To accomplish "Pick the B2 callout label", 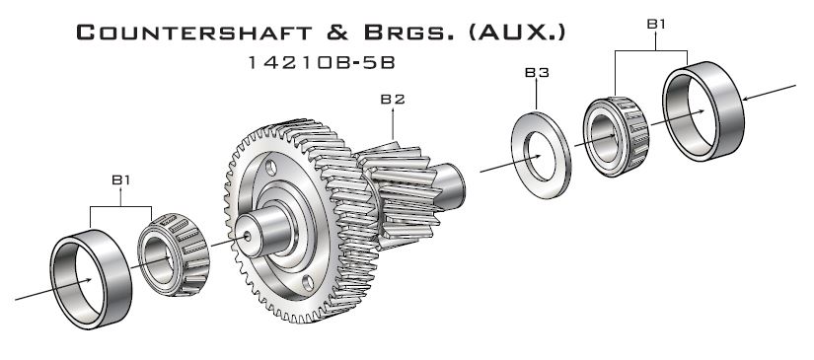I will point(394,99).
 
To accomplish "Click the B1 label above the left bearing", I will point(120,180).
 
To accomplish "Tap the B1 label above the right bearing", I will point(655,21).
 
